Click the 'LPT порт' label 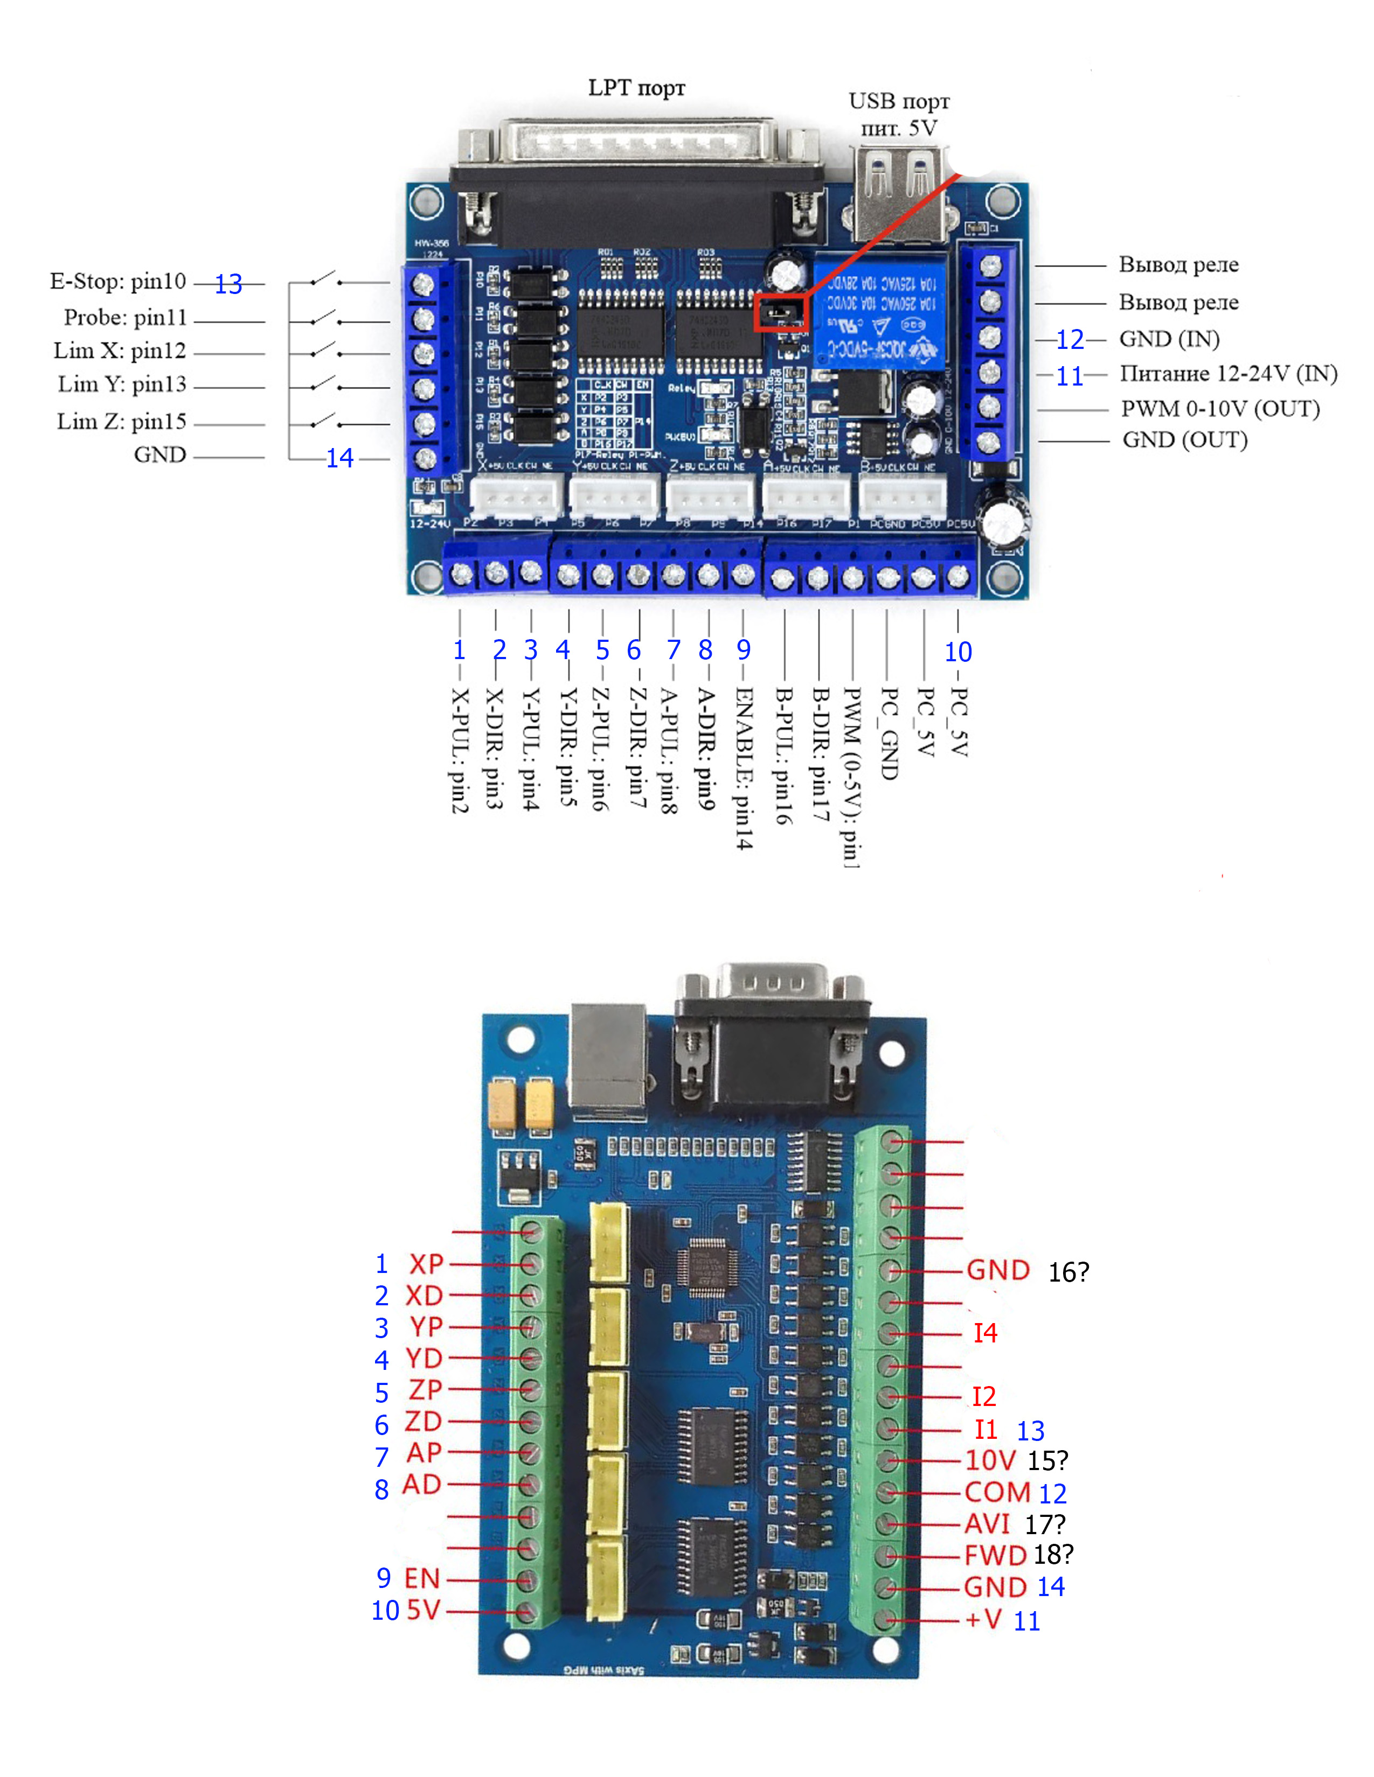tap(636, 88)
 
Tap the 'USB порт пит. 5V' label tap(899, 114)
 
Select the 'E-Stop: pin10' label tap(118, 282)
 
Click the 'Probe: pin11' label tap(126, 317)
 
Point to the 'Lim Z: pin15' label tap(121, 422)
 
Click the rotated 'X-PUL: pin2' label tap(460, 750)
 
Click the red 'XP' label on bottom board tap(426, 1264)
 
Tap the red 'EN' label tap(422, 1578)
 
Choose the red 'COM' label tap(997, 1492)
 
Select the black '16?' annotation tap(1068, 1272)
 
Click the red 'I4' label tap(985, 1333)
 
